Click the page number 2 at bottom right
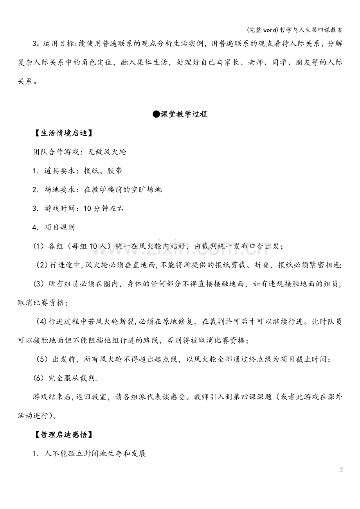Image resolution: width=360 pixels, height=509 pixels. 341,470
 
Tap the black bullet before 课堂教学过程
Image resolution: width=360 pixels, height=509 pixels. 156,114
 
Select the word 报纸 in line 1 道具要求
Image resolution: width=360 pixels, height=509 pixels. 91,170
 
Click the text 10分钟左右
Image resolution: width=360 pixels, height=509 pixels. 103,208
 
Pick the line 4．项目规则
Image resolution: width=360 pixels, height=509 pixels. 54,227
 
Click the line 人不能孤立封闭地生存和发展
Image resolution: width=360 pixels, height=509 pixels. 95,453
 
